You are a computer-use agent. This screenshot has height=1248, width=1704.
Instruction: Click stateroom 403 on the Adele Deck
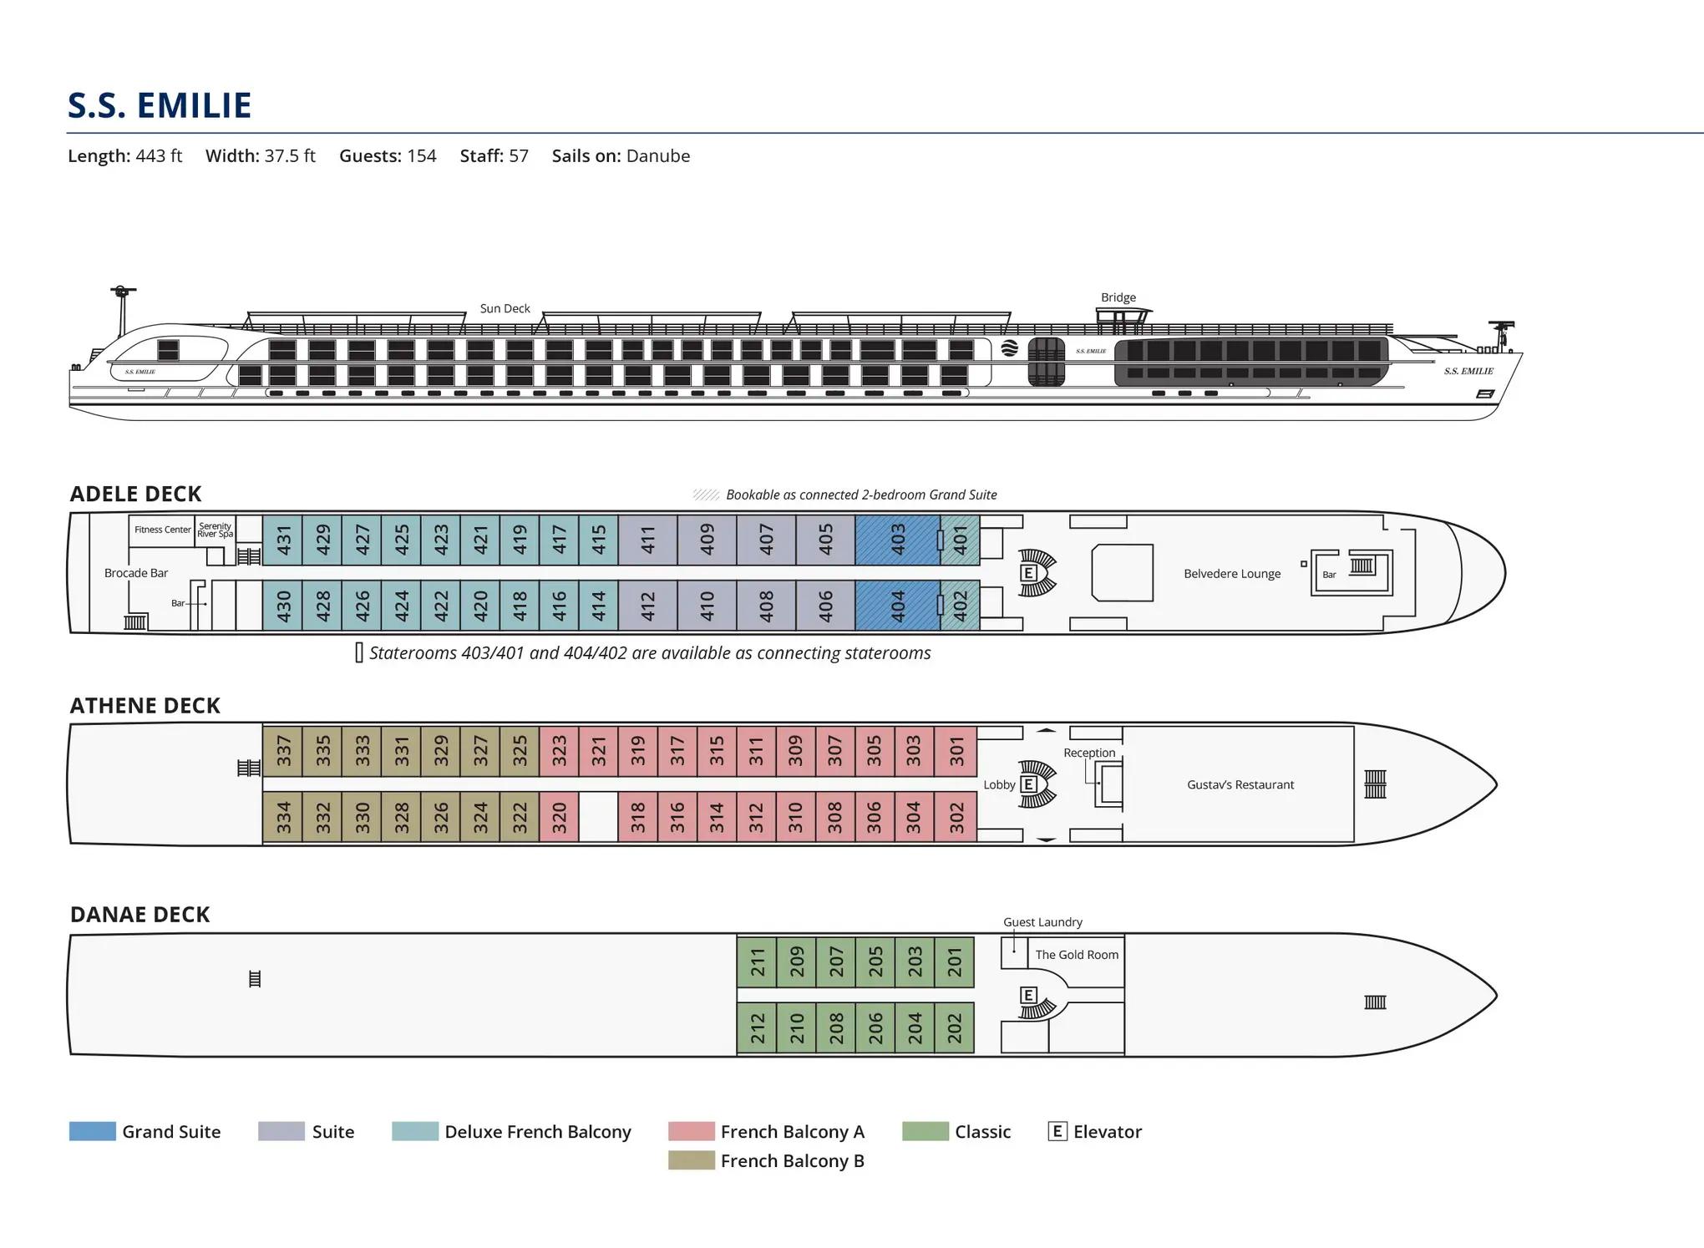point(898,540)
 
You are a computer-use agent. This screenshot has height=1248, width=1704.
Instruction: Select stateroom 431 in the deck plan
point(282,540)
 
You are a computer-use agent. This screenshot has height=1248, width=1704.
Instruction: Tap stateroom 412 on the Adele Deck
point(647,606)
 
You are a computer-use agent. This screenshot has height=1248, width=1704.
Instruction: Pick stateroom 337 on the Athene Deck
point(282,751)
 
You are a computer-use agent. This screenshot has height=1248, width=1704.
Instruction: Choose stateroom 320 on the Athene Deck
point(559,816)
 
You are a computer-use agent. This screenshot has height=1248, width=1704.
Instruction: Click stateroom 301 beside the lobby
point(956,751)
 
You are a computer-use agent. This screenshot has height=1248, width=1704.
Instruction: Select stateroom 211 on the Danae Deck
point(757,961)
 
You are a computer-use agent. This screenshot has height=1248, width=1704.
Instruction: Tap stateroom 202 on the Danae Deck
point(955,1027)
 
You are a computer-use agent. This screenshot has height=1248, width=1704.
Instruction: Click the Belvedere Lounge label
point(1232,574)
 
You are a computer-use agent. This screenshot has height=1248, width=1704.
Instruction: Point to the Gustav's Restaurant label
point(1240,784)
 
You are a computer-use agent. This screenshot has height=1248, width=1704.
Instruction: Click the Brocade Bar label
point(136,573)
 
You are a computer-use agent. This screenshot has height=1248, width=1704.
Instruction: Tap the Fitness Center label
point(163,530)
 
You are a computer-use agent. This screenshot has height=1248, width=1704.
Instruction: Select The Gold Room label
point(1077,955)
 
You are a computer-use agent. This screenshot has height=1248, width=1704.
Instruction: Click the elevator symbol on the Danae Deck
point(1029,995)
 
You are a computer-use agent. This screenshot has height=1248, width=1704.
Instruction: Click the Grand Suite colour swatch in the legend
point(92,1132)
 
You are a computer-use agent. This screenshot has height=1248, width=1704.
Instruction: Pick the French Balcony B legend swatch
point(691,1160)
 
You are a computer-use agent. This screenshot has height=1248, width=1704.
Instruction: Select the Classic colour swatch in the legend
point(926,1132)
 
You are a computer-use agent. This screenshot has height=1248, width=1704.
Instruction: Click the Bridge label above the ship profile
point(1118,297)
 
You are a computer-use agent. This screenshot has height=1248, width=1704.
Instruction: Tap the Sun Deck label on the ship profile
point(505,308)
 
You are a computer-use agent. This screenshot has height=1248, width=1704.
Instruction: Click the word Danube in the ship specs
point(657,156)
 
